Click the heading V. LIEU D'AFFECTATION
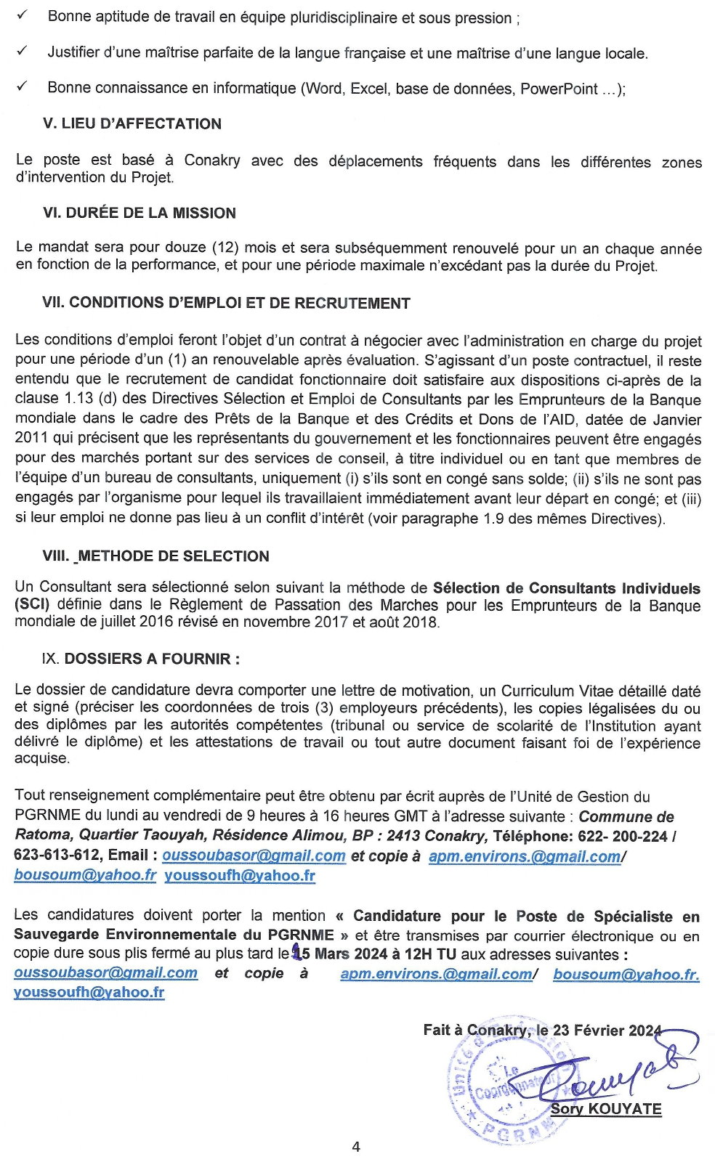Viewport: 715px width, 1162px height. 132,123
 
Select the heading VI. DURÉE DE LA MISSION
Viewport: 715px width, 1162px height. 139,213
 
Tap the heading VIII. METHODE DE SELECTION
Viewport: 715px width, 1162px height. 155,556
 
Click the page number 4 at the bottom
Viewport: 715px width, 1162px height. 356,1147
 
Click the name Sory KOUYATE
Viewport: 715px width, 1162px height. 606,1109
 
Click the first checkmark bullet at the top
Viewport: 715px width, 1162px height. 22,15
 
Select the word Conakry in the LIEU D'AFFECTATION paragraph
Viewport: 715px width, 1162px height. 211,160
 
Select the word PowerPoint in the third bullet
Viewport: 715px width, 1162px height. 559,89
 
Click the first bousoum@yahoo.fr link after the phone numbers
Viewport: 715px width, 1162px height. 85,875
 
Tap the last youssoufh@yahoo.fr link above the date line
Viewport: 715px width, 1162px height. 89,992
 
